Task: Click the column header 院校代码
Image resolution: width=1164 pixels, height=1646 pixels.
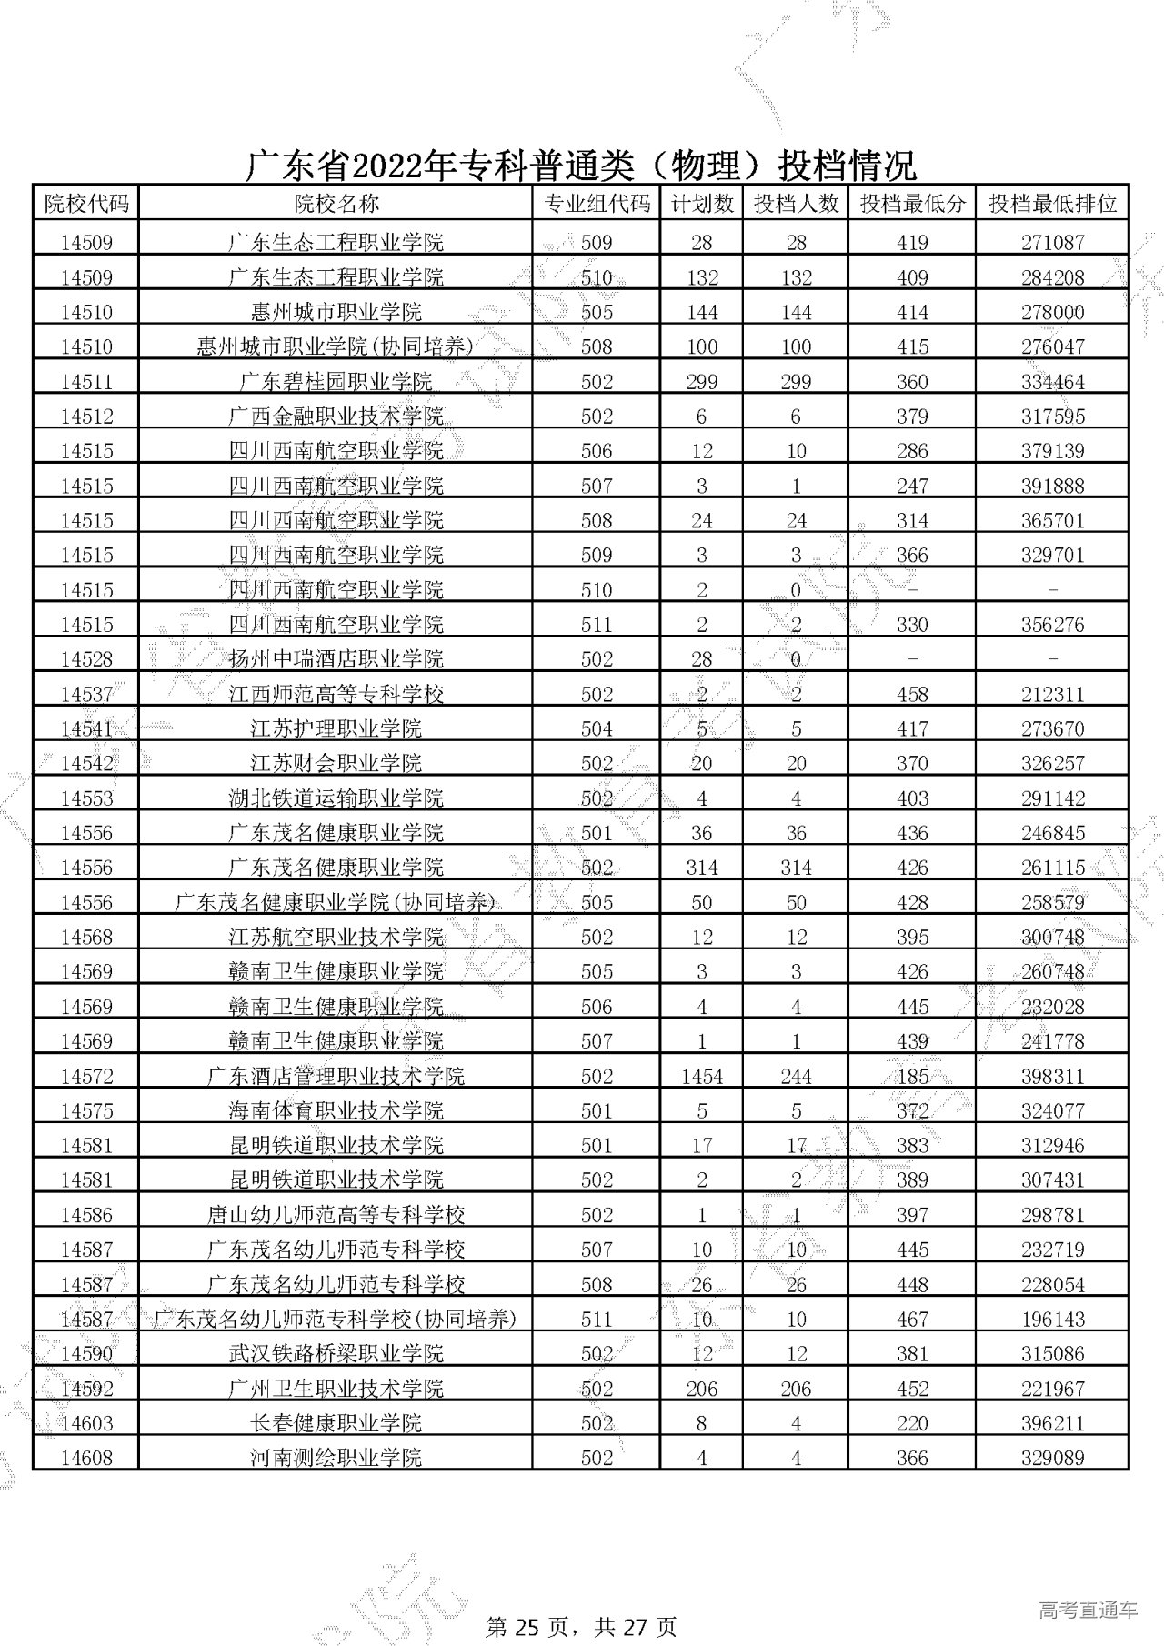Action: tap(86, 204)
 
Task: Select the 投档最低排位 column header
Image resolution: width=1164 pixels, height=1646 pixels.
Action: tap(1052, 204)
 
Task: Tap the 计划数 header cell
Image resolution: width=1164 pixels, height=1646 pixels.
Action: tap(701, 204)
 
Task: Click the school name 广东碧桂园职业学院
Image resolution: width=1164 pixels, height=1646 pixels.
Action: tap(336, 382)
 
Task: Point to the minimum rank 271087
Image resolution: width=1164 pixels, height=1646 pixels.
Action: tap(1052, 243)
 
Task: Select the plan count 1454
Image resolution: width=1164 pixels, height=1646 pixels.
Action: tap(701, 1077)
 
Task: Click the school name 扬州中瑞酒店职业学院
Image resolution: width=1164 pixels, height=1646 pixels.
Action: tap(336, 659)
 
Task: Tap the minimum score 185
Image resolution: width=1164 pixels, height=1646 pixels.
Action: tap(912, 1077)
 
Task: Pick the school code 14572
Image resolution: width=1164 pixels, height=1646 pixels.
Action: tap(86, 1077)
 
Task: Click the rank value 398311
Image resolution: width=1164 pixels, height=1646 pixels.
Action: tap(1052, 1077)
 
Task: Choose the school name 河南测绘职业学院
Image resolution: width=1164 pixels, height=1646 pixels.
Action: tap(336, 1458)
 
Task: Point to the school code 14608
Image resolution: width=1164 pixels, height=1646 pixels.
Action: tap(86, 1458)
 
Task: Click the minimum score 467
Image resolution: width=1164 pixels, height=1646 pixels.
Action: tap(912, 1320)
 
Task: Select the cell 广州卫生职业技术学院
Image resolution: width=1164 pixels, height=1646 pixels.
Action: tap(336, 1389)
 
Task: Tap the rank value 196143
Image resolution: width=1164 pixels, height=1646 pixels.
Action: tap(1052, 1320)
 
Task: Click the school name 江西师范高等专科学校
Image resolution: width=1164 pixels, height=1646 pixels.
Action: tap(336, 695)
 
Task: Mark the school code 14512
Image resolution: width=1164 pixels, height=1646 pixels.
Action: tap(86, 417)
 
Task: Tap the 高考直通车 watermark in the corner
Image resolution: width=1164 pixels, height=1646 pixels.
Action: tap(1088, 1585)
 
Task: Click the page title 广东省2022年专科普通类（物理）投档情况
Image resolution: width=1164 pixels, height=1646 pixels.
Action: tap(582, 166)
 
